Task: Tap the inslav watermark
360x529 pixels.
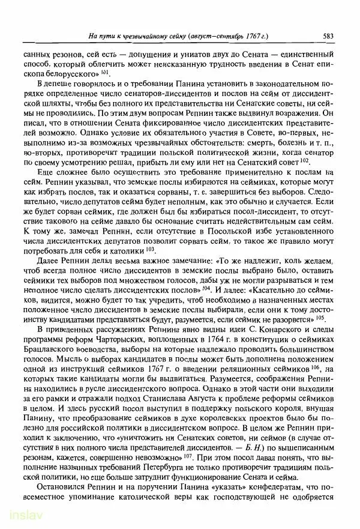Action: [x=20, y=517]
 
